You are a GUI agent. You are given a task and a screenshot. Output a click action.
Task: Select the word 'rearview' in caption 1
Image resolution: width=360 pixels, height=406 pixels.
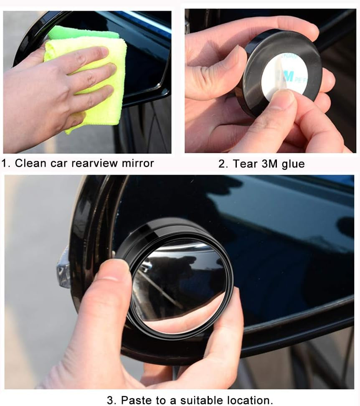(91, 163)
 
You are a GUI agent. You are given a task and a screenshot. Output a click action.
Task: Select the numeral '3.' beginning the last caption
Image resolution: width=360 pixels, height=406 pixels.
(111, 400)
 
